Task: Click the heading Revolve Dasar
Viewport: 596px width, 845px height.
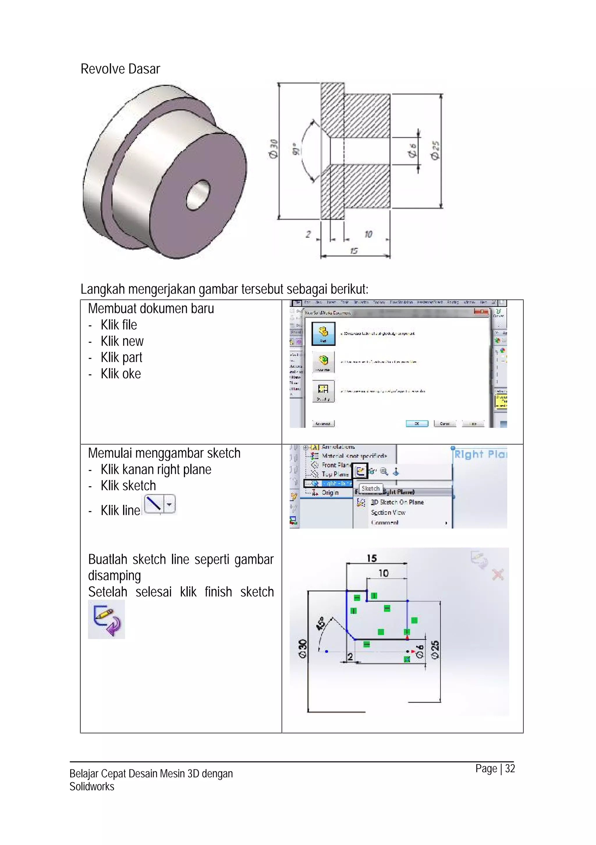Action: click(x=120, y=69)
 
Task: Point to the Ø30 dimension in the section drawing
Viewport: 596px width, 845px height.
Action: click(x=273, y=149)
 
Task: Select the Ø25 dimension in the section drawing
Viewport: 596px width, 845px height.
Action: click(x=435, y=151)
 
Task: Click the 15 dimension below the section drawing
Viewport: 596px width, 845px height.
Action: click(x=354, y=251)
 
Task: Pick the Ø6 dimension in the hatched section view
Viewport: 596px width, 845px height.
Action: click(x=413, y=151)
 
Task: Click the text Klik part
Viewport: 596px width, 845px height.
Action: click(x=121, y=357)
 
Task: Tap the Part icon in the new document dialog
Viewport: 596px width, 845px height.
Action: click(x=323, y=333)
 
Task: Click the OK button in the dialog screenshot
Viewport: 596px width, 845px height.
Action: click(x=417, y=424)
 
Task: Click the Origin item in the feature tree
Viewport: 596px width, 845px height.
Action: click(x=330, y=492)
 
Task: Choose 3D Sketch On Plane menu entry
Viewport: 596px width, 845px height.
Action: click(x=397, y=502)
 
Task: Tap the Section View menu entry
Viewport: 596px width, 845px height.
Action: click(x=388, y=512)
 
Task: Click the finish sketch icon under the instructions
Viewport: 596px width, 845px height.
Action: click(x=107, y=620)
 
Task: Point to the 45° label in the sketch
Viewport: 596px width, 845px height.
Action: click(x=320, y=624)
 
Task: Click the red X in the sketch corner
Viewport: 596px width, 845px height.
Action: click(x=498, y=574)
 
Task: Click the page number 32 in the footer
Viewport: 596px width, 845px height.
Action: click(x=510, y=769)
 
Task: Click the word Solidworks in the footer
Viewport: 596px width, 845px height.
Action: click(x=92, y=787)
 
